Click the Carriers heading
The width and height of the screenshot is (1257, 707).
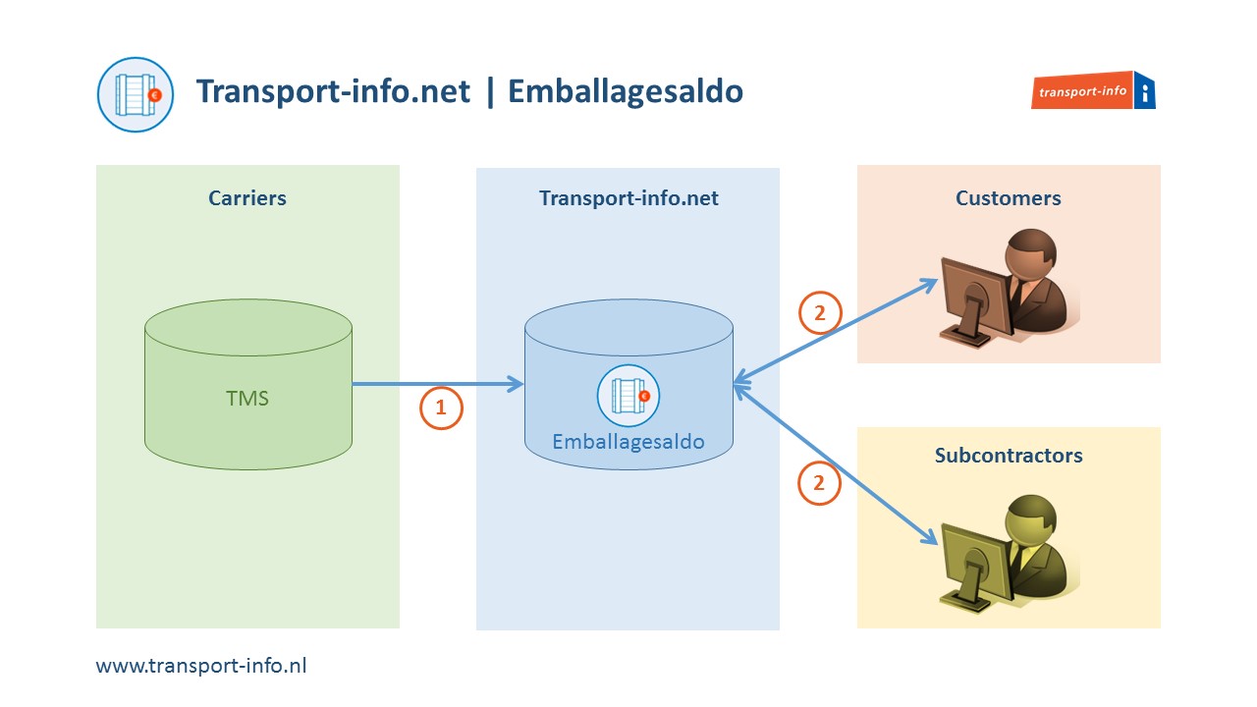click(x=247, y=198)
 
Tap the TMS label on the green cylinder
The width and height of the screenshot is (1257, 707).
click(x=247, y=399)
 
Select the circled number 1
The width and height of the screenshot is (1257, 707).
click(x=441, y=408)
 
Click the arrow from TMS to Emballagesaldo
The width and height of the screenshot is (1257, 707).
click(x=437, y=384)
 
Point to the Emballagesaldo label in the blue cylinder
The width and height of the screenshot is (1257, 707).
click(x=628, y=442)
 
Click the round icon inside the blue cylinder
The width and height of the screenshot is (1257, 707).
click(x=628, y=396)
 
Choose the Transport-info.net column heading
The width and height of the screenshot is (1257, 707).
click(x=628, y=198)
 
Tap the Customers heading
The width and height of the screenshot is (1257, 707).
click(x=1009, y=198)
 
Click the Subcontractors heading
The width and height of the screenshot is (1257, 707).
click(x=1009, y=456)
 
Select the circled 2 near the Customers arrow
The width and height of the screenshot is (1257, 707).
click(x=819, y=313)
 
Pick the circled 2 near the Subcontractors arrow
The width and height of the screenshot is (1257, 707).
click(x=819, y=483)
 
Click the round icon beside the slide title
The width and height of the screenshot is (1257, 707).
click(x=136, y=94)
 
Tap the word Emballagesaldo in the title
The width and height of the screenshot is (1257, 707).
click(x=627, y=91)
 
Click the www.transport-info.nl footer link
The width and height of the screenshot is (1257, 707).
click(x=201, y=665)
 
